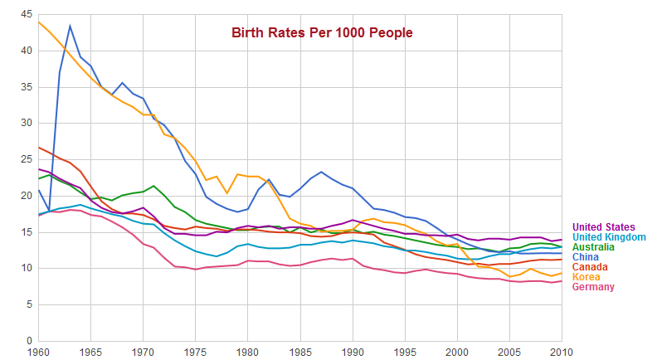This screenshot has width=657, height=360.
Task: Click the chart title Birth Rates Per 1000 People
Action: [x=322, y=32]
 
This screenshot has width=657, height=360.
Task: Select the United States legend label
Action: [x=604, y=227]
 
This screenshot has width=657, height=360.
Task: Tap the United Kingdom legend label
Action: [x=609, y=237]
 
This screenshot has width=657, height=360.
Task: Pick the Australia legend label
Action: [x=595, y=247]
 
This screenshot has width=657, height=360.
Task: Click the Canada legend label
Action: [x=591, y=267]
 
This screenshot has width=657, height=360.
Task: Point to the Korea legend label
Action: [x=586, y=277]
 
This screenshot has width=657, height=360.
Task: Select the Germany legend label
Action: [x=594, y=287]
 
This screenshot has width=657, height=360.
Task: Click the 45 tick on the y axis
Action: [x=27, y=15]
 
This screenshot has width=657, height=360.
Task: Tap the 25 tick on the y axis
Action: [x=27, y=159]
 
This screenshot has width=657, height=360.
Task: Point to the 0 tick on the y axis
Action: [x=30, y=341]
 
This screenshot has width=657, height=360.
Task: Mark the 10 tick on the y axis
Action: [x=27, y=268]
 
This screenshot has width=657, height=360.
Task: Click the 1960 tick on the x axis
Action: [x=38, y=351]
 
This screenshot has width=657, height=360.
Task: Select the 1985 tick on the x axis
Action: [x=300, y=351]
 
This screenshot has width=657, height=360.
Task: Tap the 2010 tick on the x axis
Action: [x=562, y=351]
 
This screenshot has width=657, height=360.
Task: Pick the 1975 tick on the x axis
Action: [x=196, y=351]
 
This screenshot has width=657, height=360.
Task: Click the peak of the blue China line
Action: [x=70, y=26]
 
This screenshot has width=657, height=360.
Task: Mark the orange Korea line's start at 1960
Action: [x=38, y=22]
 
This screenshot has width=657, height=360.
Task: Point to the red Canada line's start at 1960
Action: [x=38, y=147]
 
